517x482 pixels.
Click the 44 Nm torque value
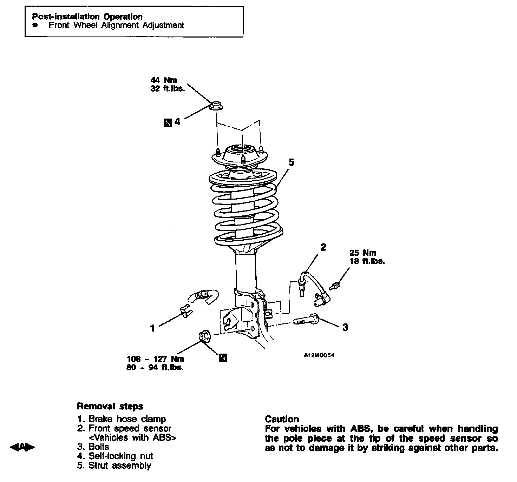pyautogui.click(x=164, y=80)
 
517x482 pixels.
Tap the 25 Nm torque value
pyautogui.click(x=362, y=253)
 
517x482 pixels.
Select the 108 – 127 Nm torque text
pyautogui.click(x=155, y=359)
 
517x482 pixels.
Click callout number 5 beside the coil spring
pyautogui.click(x=291, y=162)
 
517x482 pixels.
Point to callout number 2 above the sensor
pyautogui.click(x=323, y=247)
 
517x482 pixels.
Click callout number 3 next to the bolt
pyautogui.click(x=345, y=327)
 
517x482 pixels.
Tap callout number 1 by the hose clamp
pyautogui.click(x=152, y=328)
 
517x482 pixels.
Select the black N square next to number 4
pyautogui.click(x=168, y=122)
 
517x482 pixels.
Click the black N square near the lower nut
pyautogui.click(x=223, y=358)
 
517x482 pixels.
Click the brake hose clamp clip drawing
pyautogui.click(x=185, y=310)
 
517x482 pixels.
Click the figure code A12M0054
pyautogui.click(x=319, y=355)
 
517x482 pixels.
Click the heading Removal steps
pyautogui.click(x=110, y=406)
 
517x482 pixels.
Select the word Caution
pyautogui.click(x=282, y=419)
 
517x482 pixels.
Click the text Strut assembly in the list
pyautogui.click(x=119, y=466)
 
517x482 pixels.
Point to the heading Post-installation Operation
pyautogui.click(x=87, y=16)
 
